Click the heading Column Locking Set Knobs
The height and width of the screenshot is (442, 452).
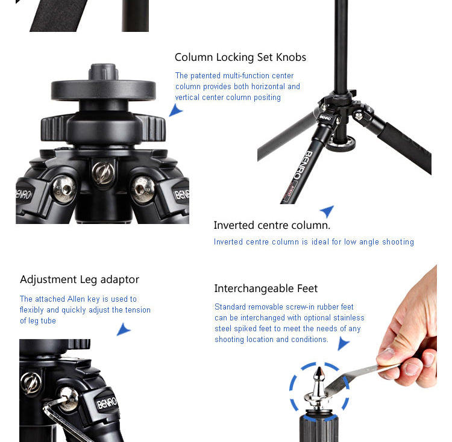[240, 57]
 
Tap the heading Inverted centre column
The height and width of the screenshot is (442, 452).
[272, 225]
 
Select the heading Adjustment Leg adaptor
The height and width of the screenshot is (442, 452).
[80, 279]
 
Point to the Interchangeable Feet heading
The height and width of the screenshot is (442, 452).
[266, 288]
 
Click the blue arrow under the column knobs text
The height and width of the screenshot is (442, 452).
[175, 110]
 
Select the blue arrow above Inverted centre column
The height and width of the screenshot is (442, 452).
[327, 211]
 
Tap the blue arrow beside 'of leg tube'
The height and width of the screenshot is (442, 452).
[124, 329]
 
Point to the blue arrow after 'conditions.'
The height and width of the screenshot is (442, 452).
[343, 343]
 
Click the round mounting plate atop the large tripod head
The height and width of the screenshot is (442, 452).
[104, 90]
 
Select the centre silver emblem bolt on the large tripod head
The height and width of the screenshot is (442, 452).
[103, 172]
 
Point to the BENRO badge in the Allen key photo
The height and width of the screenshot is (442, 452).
[107, 402]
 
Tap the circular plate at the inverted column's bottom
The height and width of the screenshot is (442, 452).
[341, 143]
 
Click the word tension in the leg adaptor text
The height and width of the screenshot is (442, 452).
[136, 310]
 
